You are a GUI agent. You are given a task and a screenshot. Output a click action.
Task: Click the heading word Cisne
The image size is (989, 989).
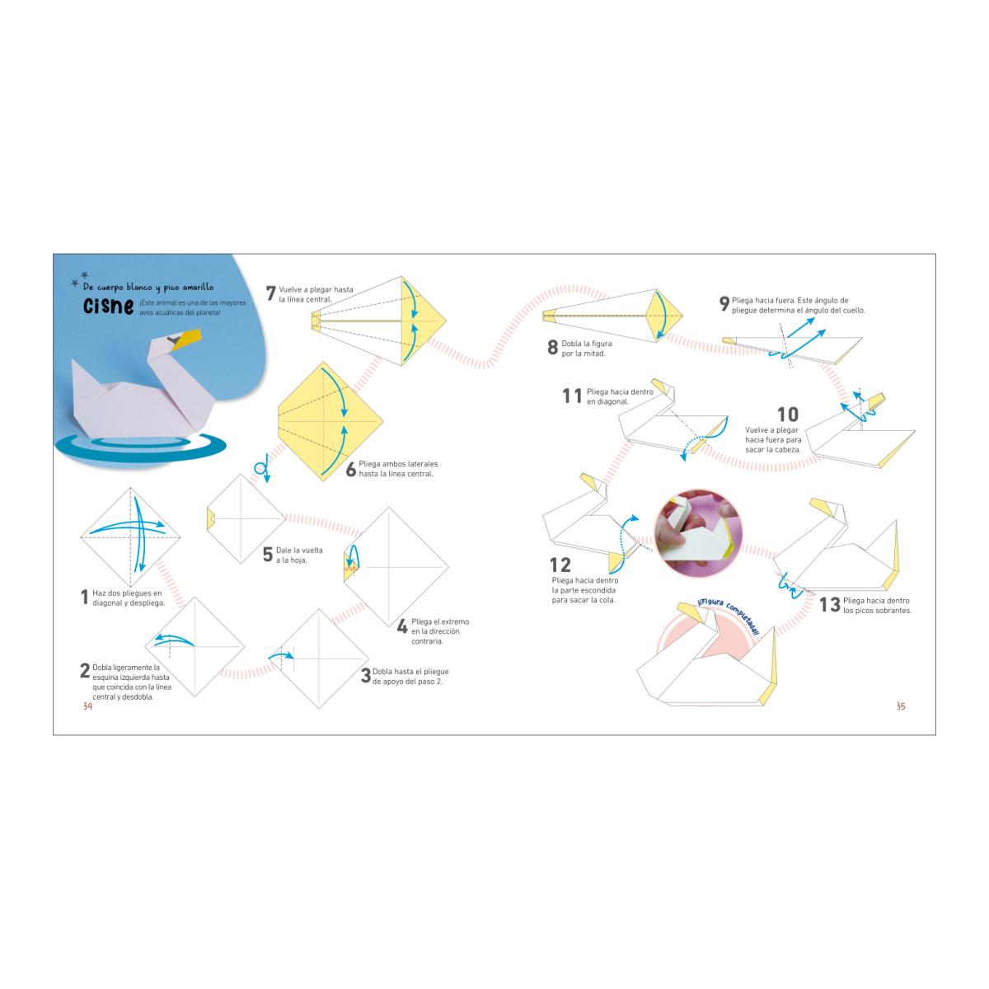tap(108, 306)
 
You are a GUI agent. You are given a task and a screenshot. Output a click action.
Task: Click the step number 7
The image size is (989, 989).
tap(270, 293)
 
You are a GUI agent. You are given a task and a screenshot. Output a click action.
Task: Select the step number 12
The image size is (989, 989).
tap(560, 565)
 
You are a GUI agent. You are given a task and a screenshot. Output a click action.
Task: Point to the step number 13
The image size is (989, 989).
tap(829, 605)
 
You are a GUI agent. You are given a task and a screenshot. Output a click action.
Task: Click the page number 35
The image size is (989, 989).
tap(901, 706)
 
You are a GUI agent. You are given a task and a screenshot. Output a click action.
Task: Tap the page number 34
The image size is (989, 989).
tap(87, 706)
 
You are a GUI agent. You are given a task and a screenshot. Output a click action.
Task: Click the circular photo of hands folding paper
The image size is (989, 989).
tap(698, 533)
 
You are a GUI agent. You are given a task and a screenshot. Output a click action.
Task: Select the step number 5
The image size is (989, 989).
tap(267, 555)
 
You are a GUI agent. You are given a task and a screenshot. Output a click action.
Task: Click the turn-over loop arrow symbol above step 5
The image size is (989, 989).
tap(263, 470)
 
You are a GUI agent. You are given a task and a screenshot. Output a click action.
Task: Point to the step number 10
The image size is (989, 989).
tap(788, 415)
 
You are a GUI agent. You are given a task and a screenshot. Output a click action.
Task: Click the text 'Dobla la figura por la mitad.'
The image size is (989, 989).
tap(587, 349)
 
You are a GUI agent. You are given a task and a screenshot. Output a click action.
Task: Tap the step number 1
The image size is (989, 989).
tap(85, 597)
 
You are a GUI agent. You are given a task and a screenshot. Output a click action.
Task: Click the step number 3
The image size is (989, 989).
tap(365, 676)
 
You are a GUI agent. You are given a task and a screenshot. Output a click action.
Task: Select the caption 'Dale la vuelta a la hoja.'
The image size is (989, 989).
tap(299, 555)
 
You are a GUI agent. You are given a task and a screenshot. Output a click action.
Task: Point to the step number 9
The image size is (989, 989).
tap(724, 303)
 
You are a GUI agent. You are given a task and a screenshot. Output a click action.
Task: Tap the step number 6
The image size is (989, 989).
tap(350, 469)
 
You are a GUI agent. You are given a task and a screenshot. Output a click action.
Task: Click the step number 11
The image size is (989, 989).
tap(572, 396)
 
